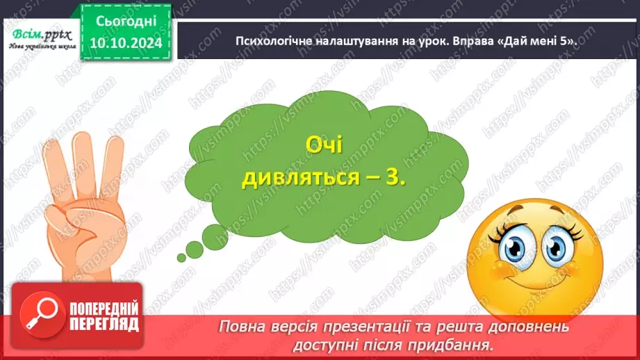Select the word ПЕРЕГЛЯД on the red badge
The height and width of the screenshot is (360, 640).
tap(104, 325)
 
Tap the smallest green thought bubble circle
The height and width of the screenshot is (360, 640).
tap(182, 258)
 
